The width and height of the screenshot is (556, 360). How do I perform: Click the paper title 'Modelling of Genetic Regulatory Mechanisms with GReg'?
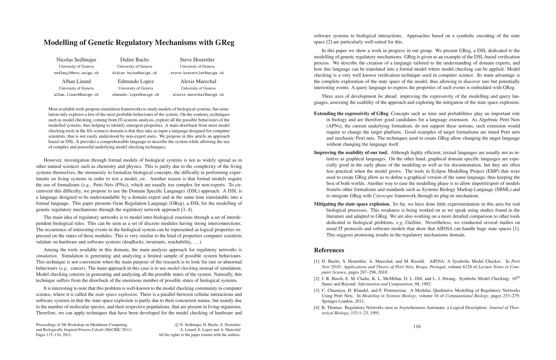click(x=139, y=43)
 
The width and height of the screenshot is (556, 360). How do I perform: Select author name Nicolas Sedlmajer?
click(x=76, y=60)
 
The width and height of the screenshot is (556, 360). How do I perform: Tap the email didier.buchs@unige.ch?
click(x=134, y=73)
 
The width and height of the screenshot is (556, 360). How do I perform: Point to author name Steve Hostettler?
click(x=197, y=60)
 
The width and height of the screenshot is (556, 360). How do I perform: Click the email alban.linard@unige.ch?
click(x=76, y=94)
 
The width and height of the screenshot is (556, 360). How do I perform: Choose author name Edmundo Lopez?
click(x=136, y=81)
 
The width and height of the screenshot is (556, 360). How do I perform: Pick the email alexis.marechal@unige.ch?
click(x=198, y=94)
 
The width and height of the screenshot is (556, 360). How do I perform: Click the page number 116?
click(x=417, y=326)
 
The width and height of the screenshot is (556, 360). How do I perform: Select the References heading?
click(x=329, y=250)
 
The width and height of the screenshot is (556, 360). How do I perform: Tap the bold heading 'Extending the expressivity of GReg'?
click(x=351, y=113)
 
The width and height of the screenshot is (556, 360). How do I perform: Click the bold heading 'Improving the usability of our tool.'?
click(x=351, y=153)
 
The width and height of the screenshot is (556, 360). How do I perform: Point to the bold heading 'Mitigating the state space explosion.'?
click(x=352, y=204)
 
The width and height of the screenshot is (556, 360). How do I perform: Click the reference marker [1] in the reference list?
click(x=316, y=261)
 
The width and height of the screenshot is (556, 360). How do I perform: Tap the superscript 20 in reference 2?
click(x=518, y=277)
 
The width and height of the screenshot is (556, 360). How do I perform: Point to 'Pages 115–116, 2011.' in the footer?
click(x=54, y=335)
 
